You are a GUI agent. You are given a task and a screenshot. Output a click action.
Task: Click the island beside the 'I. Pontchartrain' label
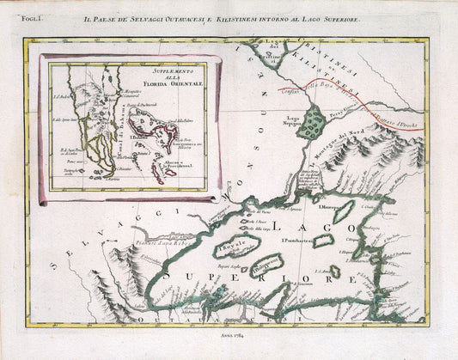[x=324, y=241]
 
